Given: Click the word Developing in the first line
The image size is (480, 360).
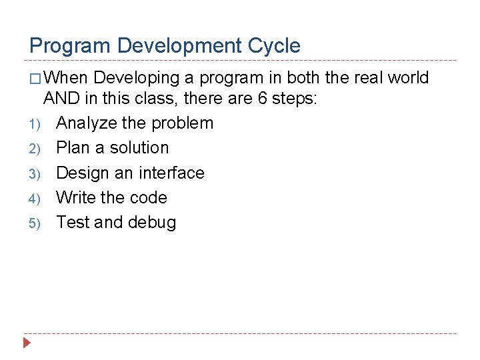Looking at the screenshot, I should tap(137, 78).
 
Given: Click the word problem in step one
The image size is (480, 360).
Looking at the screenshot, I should tap(182, 123).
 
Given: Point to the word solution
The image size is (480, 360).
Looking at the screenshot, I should tap(139, 148).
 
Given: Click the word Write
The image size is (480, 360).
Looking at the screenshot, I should tap(75, 197).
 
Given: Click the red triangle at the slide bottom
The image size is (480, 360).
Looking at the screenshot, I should tap(27, 344).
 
